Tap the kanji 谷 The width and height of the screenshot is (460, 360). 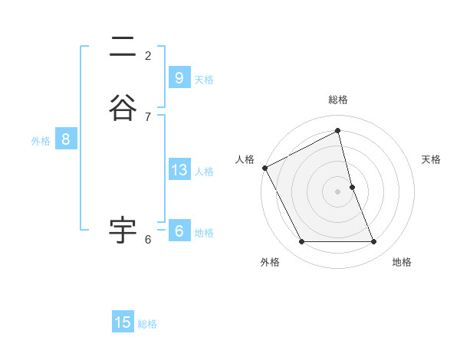click(123, 106)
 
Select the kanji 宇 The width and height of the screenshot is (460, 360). click(123, 229)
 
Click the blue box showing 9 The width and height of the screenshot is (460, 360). click(179, 77)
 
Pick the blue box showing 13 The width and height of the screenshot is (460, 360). click(179, 170)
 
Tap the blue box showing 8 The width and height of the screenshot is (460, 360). click(66, 139)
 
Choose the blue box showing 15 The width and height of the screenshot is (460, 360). click(123, 322)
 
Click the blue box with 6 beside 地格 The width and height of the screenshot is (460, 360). click(179, 231)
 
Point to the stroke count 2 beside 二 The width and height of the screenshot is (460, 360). click(148, 55)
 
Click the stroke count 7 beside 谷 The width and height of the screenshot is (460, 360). click(148, 116)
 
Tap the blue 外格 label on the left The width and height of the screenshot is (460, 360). click(41, 141)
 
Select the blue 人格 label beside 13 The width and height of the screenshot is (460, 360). click(204, 172)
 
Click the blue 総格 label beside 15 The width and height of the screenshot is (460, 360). click(147, 324)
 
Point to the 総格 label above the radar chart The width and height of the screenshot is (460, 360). click(338, 100)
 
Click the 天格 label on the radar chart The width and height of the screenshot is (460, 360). click(431, 159)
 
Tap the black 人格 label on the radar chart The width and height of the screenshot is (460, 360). click(245, 159)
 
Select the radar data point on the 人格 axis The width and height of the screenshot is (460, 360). click(264, 168)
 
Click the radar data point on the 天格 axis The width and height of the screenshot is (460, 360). click(352, 187)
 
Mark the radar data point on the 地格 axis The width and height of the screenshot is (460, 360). click(374, 242)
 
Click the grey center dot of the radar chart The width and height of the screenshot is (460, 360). click(338, 191)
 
